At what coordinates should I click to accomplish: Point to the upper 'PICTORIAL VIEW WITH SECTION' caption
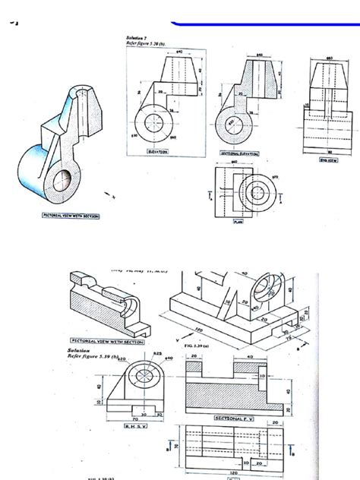(71, 215)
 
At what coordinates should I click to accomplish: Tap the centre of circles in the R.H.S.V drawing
(141, 374)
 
